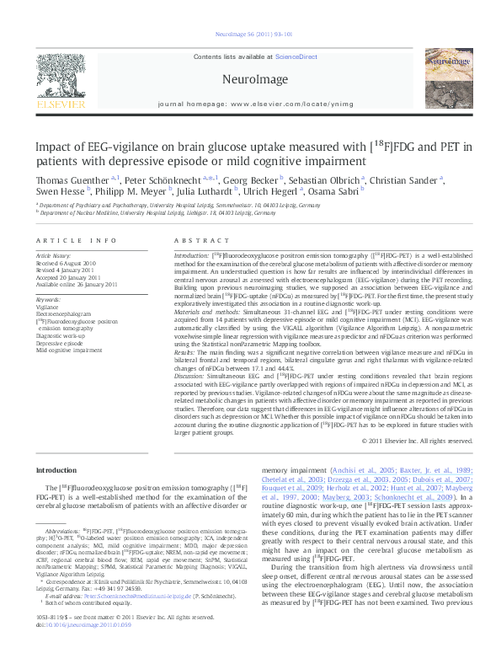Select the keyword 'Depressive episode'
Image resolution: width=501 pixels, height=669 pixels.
pos(60,344)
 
